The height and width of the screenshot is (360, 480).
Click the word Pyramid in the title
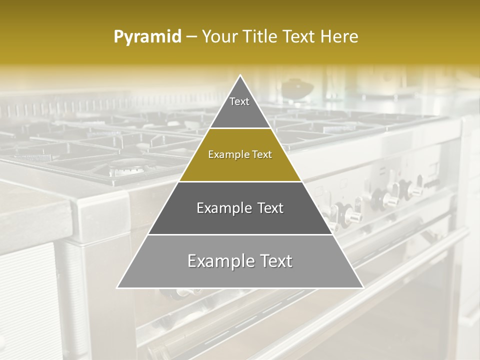(147, 37)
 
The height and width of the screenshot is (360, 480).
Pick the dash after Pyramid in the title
(191, 37)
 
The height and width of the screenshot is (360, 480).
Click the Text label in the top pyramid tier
(239, 101)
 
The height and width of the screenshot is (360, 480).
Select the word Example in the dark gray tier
(220, 208)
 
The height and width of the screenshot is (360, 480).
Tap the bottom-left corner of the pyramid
(118, 287)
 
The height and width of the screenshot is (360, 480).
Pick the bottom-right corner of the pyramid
(362, 287)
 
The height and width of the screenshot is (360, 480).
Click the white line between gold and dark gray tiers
(240, 181)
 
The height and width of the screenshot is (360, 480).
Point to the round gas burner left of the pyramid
(125, 169)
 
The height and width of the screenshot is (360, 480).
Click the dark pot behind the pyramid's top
(297, 89)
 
